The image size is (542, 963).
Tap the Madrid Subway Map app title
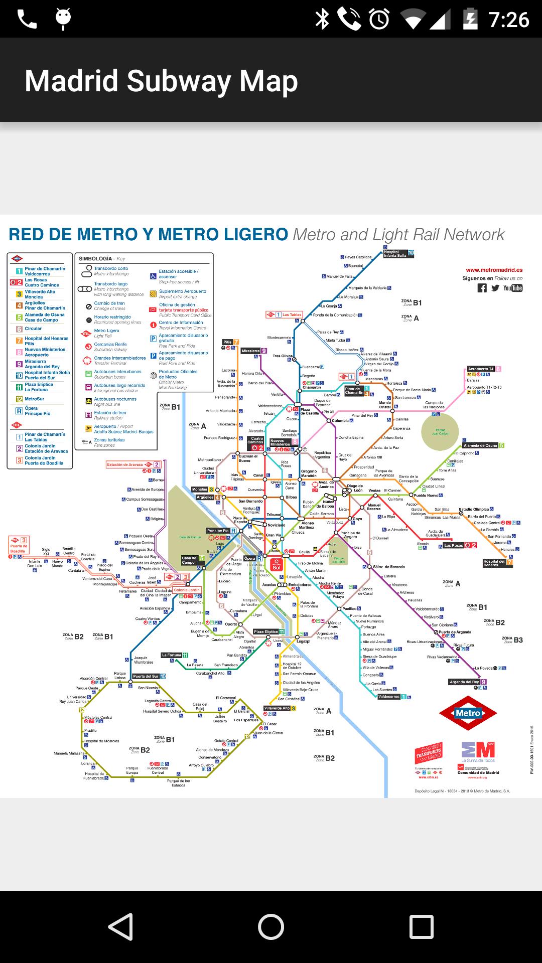[161, 81]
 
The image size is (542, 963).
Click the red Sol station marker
[277, 565]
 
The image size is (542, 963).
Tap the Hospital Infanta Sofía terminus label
[395, 254]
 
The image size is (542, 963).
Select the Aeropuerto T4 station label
[481, 369]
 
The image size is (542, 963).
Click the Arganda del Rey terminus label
[464, 682]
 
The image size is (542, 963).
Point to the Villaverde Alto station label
[277, 708]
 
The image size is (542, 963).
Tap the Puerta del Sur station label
[146, 676]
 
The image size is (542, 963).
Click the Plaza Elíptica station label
[266, 631]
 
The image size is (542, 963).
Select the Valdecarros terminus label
[389, 697]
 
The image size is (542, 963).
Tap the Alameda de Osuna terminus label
[480, 445]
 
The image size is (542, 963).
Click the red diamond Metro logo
[468, 713]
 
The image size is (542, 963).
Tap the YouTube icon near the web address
[513, 288]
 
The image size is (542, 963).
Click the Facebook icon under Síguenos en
[482, 288]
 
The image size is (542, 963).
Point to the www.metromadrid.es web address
[494, 270]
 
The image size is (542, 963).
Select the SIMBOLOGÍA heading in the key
[95, 259]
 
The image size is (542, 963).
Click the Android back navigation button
[120, 926]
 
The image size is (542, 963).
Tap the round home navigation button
[271, 926]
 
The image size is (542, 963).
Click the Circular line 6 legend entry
[33, 329]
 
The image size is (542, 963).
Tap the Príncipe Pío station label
[218, 531]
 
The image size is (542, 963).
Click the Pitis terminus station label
[227, 342]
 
